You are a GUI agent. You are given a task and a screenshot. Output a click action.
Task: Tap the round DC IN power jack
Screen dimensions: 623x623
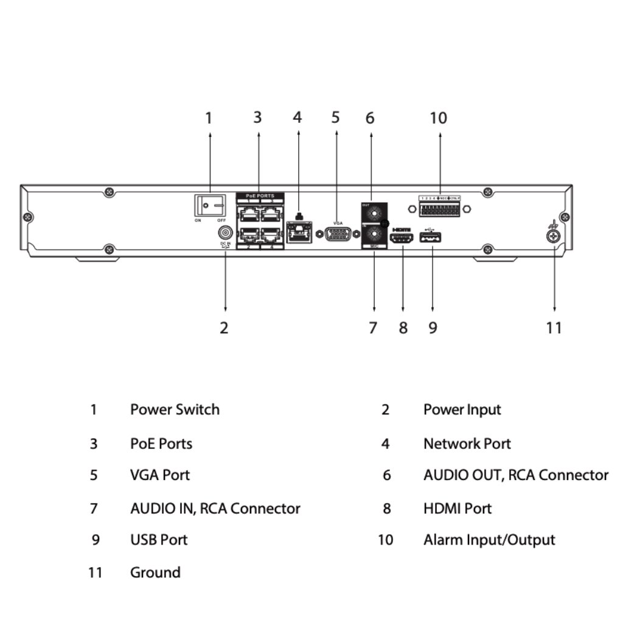tap(225, 233)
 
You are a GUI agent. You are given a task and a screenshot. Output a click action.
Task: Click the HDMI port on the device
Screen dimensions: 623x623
tap(402, 239)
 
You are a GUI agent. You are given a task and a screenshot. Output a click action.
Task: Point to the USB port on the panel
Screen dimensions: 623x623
tap(431, 239)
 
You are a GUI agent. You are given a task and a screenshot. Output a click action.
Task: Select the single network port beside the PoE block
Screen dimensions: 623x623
tap(299, 232)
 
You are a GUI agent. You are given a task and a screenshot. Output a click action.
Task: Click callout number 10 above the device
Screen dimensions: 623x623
tap(438, 118)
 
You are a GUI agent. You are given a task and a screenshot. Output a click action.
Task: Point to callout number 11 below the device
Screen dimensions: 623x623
tap(554, 328)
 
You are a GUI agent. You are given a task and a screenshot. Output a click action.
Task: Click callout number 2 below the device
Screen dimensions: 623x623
tap(224, 328)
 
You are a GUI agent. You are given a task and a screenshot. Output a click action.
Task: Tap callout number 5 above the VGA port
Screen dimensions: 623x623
tap(336, 117)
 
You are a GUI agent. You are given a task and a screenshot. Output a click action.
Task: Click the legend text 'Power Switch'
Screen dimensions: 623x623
tap(175, 409)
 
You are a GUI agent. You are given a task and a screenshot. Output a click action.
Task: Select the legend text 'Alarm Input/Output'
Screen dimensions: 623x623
tap(489, 540)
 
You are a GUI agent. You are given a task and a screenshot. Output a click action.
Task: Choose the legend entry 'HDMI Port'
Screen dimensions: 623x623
tap(458, 508)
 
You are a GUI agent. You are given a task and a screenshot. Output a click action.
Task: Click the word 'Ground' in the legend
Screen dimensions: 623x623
tap(155, 573)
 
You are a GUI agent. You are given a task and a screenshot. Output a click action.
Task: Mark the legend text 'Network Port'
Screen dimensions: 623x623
tap(467, 444)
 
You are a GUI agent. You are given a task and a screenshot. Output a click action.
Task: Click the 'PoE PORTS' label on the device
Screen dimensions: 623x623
tap(260, 196)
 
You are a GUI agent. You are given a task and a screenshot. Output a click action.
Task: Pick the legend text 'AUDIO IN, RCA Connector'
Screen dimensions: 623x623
tap(215, 508)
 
